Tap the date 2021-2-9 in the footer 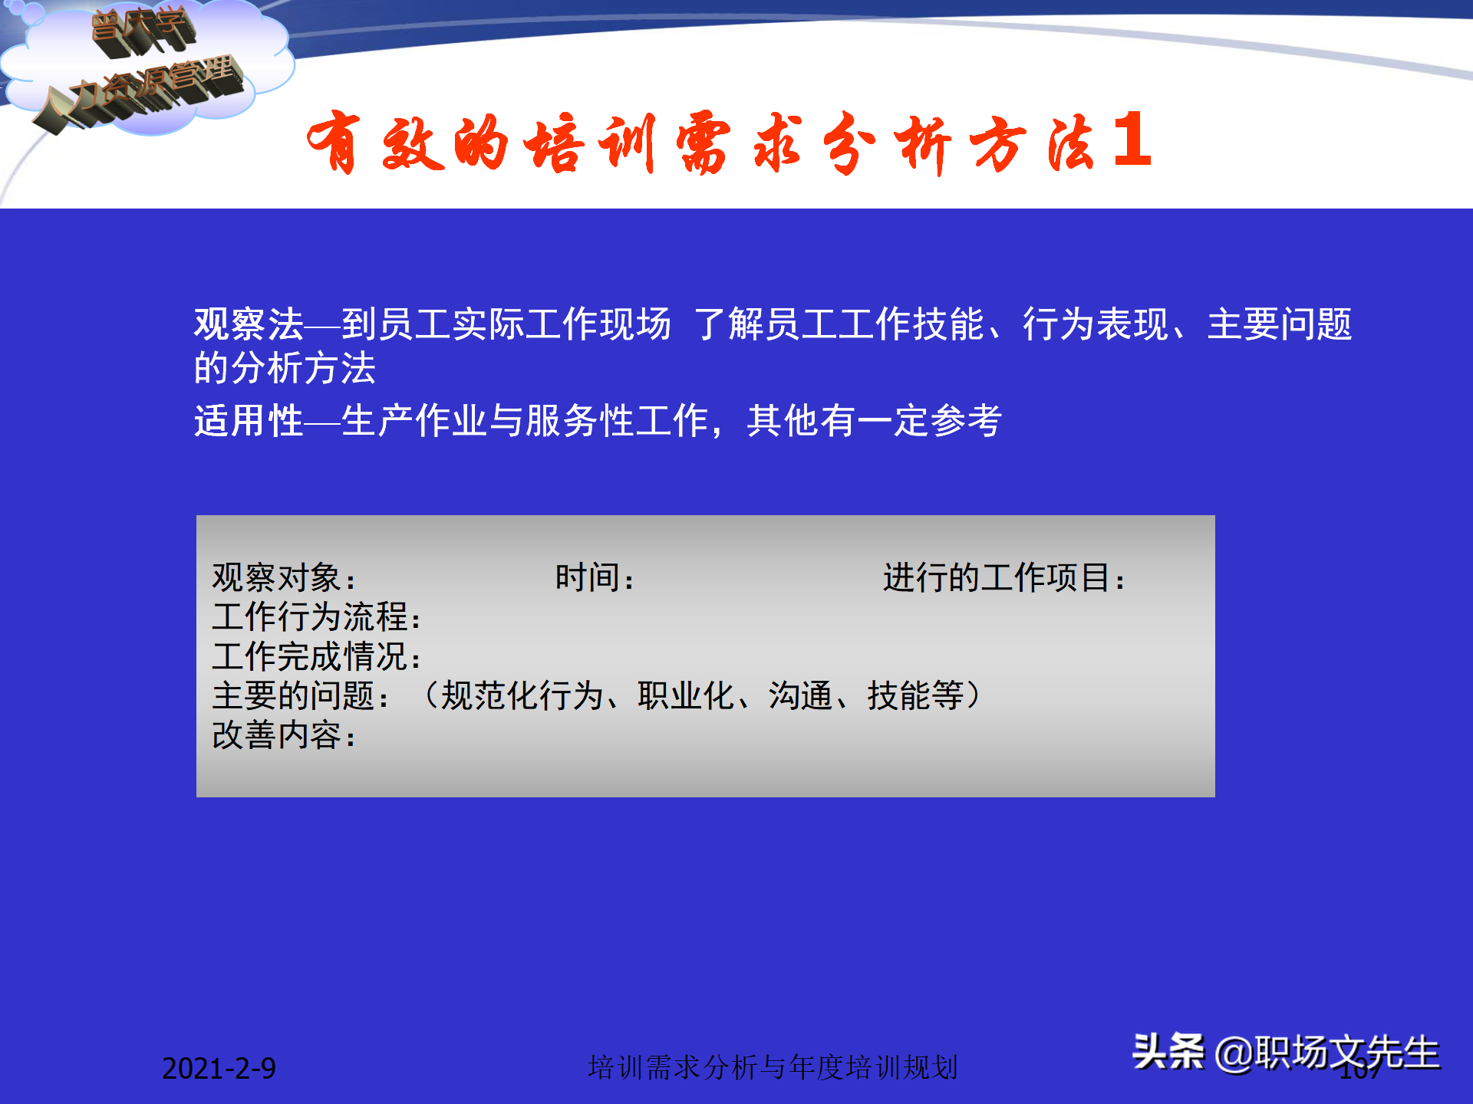[x=219, y=1068]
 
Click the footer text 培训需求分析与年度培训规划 [x=773, y=1067]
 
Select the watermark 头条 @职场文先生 [x=1286, y=1052]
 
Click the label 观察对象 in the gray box [x=276, y=577]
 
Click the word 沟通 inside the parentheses [x=800, y=696]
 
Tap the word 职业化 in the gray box [x=685, y=696]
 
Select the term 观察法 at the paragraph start [x=249, y=324]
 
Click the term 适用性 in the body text [x=249, y=420]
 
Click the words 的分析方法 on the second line [x=285, y=368]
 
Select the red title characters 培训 [x=589, y=143]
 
